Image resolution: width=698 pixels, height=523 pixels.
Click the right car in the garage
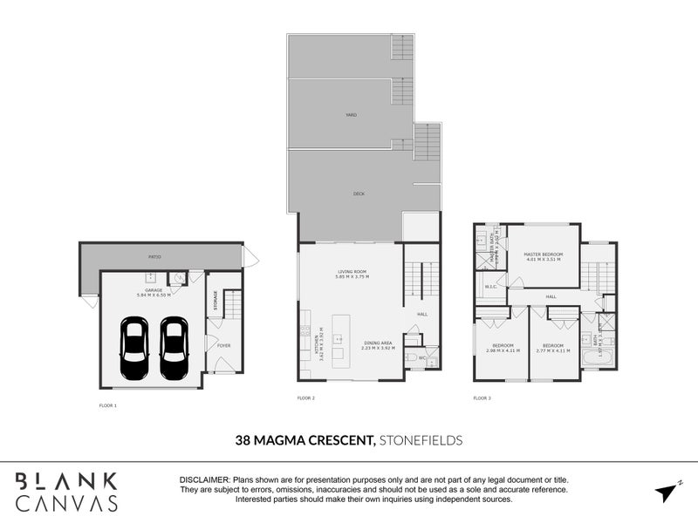tap(174, 349)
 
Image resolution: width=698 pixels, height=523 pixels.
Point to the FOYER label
tap(223, 346)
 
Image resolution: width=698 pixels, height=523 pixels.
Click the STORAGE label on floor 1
tap(215, 301)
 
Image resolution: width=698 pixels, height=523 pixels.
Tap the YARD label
tap(351, 115)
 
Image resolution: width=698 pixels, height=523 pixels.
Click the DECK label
tap(358, 194)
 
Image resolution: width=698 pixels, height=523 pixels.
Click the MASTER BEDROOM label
tap(543, 255)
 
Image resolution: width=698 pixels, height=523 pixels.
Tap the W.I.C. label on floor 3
tap(490, 287)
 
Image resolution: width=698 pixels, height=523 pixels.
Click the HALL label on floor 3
tap(551, 297)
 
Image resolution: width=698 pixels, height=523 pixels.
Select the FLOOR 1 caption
tap(109, 405)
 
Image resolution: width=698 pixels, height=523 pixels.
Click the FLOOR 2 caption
tap(306, 397)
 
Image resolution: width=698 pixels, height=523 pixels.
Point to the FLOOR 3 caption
tap(482, 397)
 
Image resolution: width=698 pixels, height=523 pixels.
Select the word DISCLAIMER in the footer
tap(204, 480)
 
